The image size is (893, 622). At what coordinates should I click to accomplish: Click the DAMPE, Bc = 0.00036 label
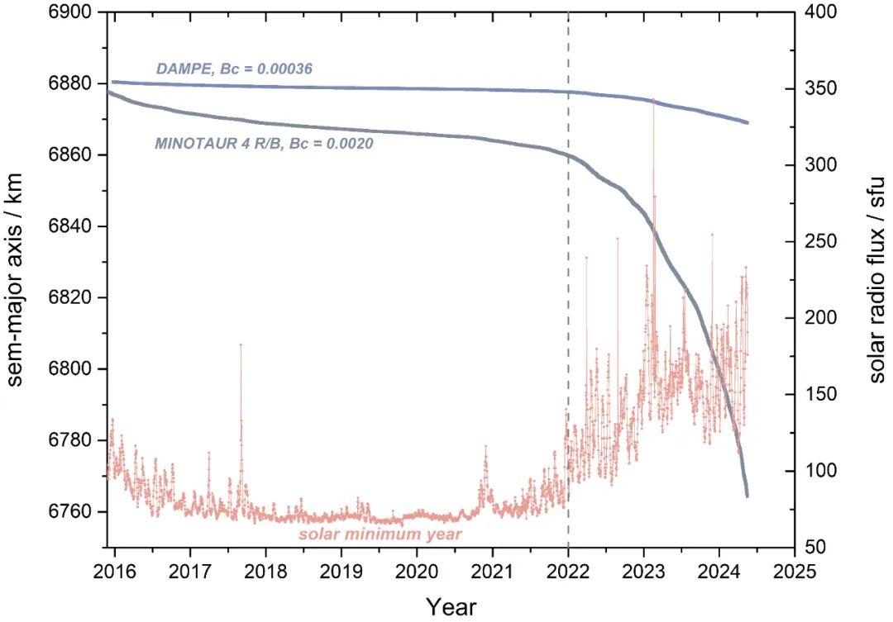(234, 70)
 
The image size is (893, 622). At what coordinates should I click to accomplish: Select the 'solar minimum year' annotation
(380, 534)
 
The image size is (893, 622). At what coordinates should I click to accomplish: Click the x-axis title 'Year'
(451, 606)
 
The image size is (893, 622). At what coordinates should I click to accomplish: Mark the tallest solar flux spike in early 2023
(653, 99)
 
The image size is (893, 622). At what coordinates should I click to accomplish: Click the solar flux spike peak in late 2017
(241, 344)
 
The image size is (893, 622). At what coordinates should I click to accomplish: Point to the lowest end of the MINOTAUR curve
(747, 496)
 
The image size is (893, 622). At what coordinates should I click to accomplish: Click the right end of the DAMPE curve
(747, 122)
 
